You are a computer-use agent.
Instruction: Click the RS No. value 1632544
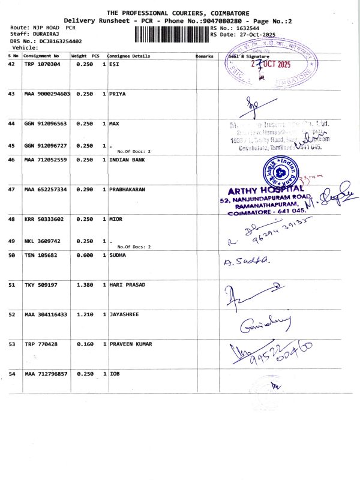coord(247,28)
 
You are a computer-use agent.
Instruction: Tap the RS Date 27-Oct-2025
coord(254,35)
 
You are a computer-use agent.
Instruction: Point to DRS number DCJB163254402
coord(58,41)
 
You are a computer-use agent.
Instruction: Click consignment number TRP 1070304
coord(42,64)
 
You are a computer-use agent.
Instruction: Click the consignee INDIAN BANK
coord(127,160)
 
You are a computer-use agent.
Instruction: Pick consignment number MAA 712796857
coord(46,374)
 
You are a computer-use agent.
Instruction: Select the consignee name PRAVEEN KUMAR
coord(131,344)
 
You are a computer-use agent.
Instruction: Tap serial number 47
coord(11,190)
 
